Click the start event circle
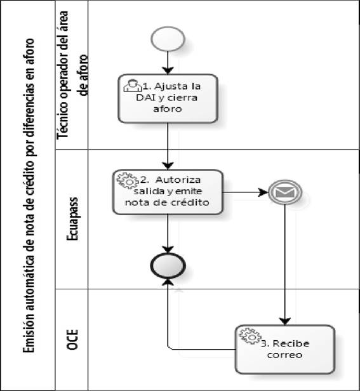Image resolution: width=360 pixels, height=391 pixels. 168,39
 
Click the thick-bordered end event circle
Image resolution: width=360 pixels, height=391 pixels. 168,265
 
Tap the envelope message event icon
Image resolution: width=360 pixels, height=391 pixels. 285,192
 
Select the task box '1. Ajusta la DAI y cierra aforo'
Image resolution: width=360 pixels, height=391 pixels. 168,98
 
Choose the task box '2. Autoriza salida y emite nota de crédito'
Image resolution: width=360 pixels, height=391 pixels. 168,192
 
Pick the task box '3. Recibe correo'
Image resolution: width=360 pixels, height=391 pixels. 285,349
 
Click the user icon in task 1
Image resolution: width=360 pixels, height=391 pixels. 133,86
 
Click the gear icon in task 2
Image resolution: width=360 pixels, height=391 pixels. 128,180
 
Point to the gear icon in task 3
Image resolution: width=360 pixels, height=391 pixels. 250,336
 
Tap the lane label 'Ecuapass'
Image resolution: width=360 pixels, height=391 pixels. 72,219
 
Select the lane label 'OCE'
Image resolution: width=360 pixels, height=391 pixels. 72,340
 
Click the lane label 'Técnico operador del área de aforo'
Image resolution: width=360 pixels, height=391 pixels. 73,75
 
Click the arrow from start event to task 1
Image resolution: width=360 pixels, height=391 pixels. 168,63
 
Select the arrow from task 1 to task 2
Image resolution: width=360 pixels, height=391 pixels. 168,147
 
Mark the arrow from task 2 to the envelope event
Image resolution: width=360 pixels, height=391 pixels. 246,192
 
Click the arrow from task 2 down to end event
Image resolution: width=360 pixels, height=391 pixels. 168,234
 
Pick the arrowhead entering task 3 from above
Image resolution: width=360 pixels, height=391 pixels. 284,321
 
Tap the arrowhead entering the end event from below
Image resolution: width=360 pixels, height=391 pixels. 168,282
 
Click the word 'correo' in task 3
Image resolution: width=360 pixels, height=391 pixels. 284,355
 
